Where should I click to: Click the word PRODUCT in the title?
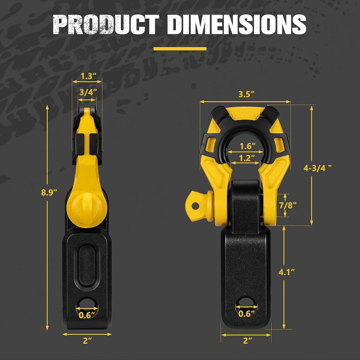pyautogui.click(x=106, y=24)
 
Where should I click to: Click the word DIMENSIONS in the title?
pyautogui.click(x=237, y=24)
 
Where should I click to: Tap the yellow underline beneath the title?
pyautogui.click(x=180, y=49)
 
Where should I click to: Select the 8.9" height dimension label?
pyautogui.click(x=49, y=192)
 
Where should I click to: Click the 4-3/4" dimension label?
pyautogui.click(x=318, y=168)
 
